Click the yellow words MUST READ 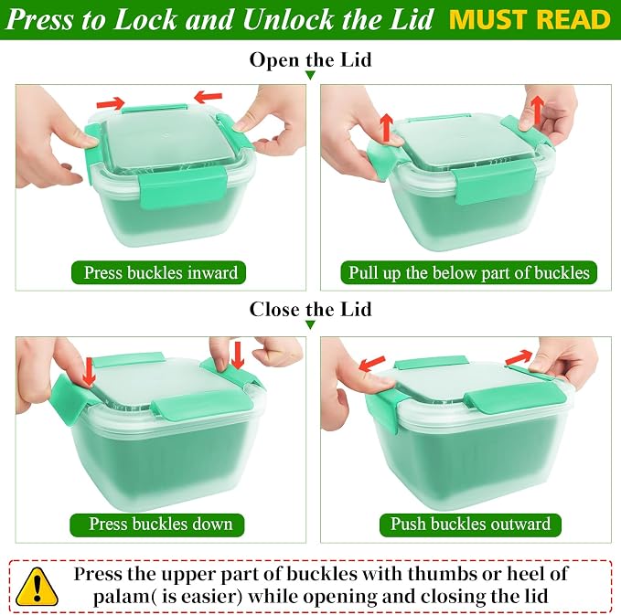[530, 19]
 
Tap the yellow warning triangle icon [37, 588]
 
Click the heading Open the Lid [311, 60]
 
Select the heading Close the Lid [311, 309]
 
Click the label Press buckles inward [160, 272]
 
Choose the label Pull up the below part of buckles [469, 272]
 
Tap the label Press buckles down [160, 524]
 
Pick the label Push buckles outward [470, 524]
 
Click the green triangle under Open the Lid [311, 75]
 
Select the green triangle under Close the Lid [311, 325]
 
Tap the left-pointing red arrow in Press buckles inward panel [209, 97]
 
